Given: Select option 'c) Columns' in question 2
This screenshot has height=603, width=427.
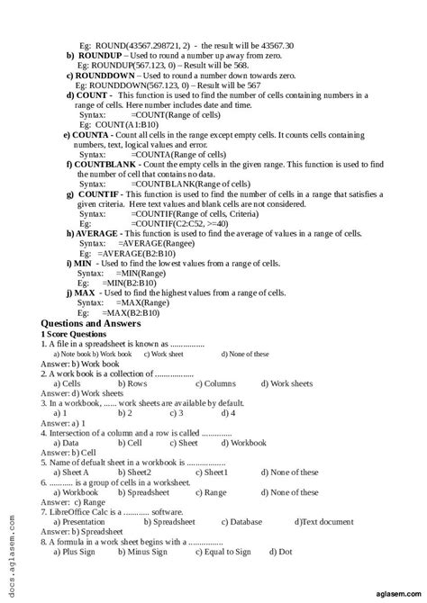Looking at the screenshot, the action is tap(216, 383).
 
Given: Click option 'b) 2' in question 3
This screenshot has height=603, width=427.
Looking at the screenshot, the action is tap(130, 413).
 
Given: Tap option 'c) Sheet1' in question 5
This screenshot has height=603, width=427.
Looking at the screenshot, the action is tap(215, 472).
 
